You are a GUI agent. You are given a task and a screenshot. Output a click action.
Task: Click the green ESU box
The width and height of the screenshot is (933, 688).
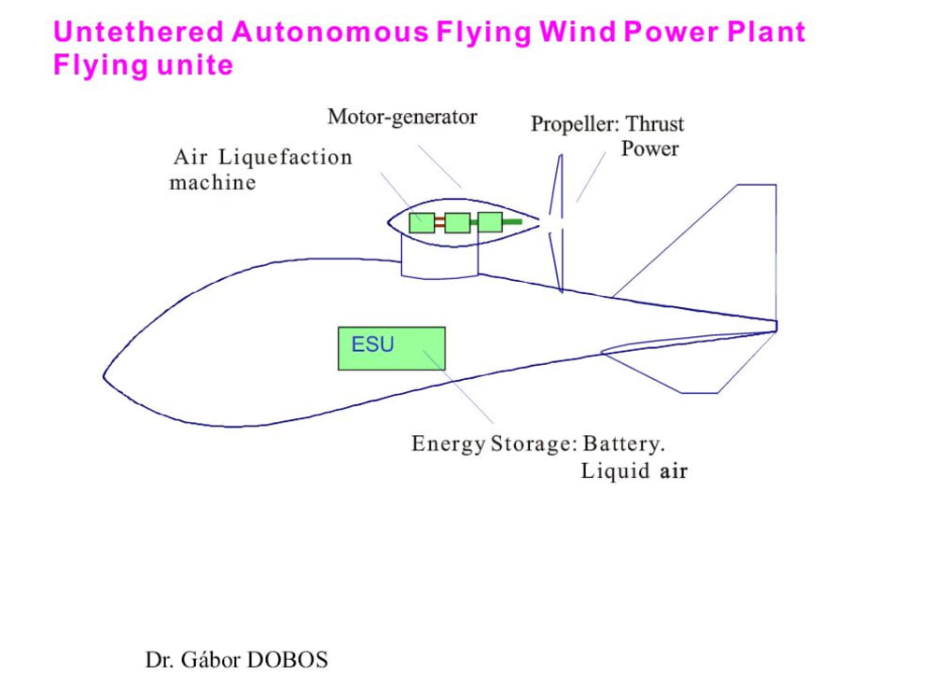coord(391,348)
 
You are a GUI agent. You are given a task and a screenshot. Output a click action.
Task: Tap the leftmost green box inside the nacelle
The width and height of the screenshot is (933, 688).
coord(423,222)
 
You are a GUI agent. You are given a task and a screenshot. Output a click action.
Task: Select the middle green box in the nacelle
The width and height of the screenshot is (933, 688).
coord(456,222)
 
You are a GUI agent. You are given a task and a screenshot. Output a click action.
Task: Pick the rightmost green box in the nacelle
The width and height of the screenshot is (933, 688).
coord(490,222)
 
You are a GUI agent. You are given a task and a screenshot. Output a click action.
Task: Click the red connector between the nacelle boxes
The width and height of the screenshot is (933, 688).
coord(439,222)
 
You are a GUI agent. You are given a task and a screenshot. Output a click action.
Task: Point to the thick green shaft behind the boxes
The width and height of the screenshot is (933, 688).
coord(512,222)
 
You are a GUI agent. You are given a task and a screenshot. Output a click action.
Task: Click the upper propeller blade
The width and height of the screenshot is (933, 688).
coord(556,187)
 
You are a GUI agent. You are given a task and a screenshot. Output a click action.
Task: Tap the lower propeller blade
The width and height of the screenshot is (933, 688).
coord(556,261)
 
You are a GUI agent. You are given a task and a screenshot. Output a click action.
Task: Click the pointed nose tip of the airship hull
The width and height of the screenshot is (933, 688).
coord(105,377)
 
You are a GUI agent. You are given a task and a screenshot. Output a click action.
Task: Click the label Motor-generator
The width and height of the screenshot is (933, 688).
coord(402,117)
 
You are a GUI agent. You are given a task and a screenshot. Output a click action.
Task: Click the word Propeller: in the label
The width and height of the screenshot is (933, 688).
coord(575,124)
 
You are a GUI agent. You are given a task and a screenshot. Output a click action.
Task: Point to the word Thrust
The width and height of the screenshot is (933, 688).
coord(655,124)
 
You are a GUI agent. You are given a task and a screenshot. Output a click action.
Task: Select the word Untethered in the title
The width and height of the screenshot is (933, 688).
coord(139,32)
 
